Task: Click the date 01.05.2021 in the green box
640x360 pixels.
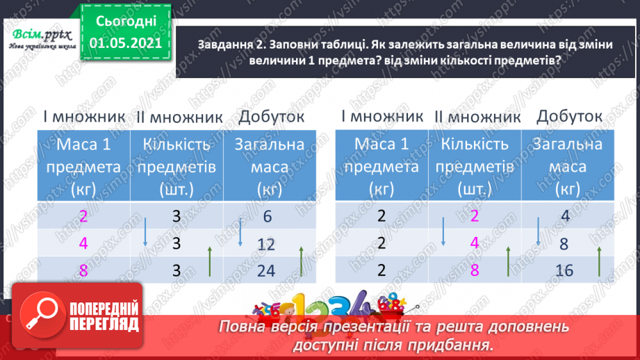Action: [125, 43]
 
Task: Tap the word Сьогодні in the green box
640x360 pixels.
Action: [126, 22]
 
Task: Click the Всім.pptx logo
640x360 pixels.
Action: [42, 38]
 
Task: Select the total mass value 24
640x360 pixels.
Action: [266, 270]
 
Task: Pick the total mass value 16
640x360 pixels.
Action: [564, 270]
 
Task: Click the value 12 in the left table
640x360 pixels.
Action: [266, 244]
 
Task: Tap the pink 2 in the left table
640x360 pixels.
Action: [83, 216]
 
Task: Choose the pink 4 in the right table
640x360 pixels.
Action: [475, 243]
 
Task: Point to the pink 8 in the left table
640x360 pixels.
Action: [83, 270]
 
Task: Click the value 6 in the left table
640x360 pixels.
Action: [268, 216]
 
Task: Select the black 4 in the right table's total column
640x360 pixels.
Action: [566, 215]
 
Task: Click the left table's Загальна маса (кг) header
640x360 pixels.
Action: [270, 167]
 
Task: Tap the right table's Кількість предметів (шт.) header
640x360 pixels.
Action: [475, 167]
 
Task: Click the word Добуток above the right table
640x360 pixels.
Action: [569, 116]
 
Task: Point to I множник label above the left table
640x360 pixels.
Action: [84, 117]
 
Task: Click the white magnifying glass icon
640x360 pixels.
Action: [42, 314]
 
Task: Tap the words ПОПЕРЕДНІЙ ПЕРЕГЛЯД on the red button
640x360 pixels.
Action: [104, 316]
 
